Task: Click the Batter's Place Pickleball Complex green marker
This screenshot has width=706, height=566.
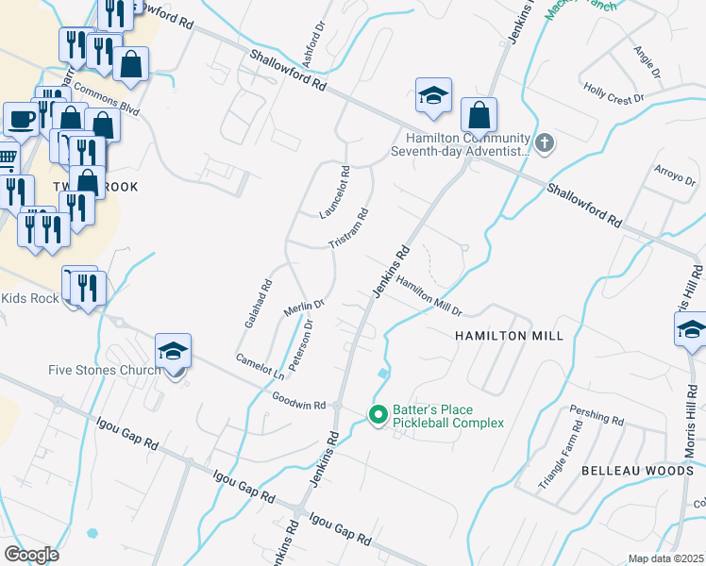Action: [378, 415]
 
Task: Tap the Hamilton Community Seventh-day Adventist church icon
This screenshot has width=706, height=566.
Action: [544, 144]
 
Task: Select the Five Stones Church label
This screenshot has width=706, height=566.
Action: [105, 370]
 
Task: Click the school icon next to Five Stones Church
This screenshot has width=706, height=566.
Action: [174, 352]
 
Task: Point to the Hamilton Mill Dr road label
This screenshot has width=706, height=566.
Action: [429, 296]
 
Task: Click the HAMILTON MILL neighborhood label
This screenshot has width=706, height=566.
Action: [509, 336]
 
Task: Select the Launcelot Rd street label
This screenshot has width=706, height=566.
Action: [334, 192]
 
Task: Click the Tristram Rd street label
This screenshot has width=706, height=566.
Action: [347, 228]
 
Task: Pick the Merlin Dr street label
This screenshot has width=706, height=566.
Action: [304, 307]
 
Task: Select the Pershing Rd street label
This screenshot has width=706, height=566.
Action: [597, 416]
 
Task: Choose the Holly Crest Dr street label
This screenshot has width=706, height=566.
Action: [614, 95]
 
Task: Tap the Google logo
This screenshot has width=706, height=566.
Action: [31, 554]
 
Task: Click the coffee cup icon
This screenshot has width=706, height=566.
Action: [21, 120]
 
